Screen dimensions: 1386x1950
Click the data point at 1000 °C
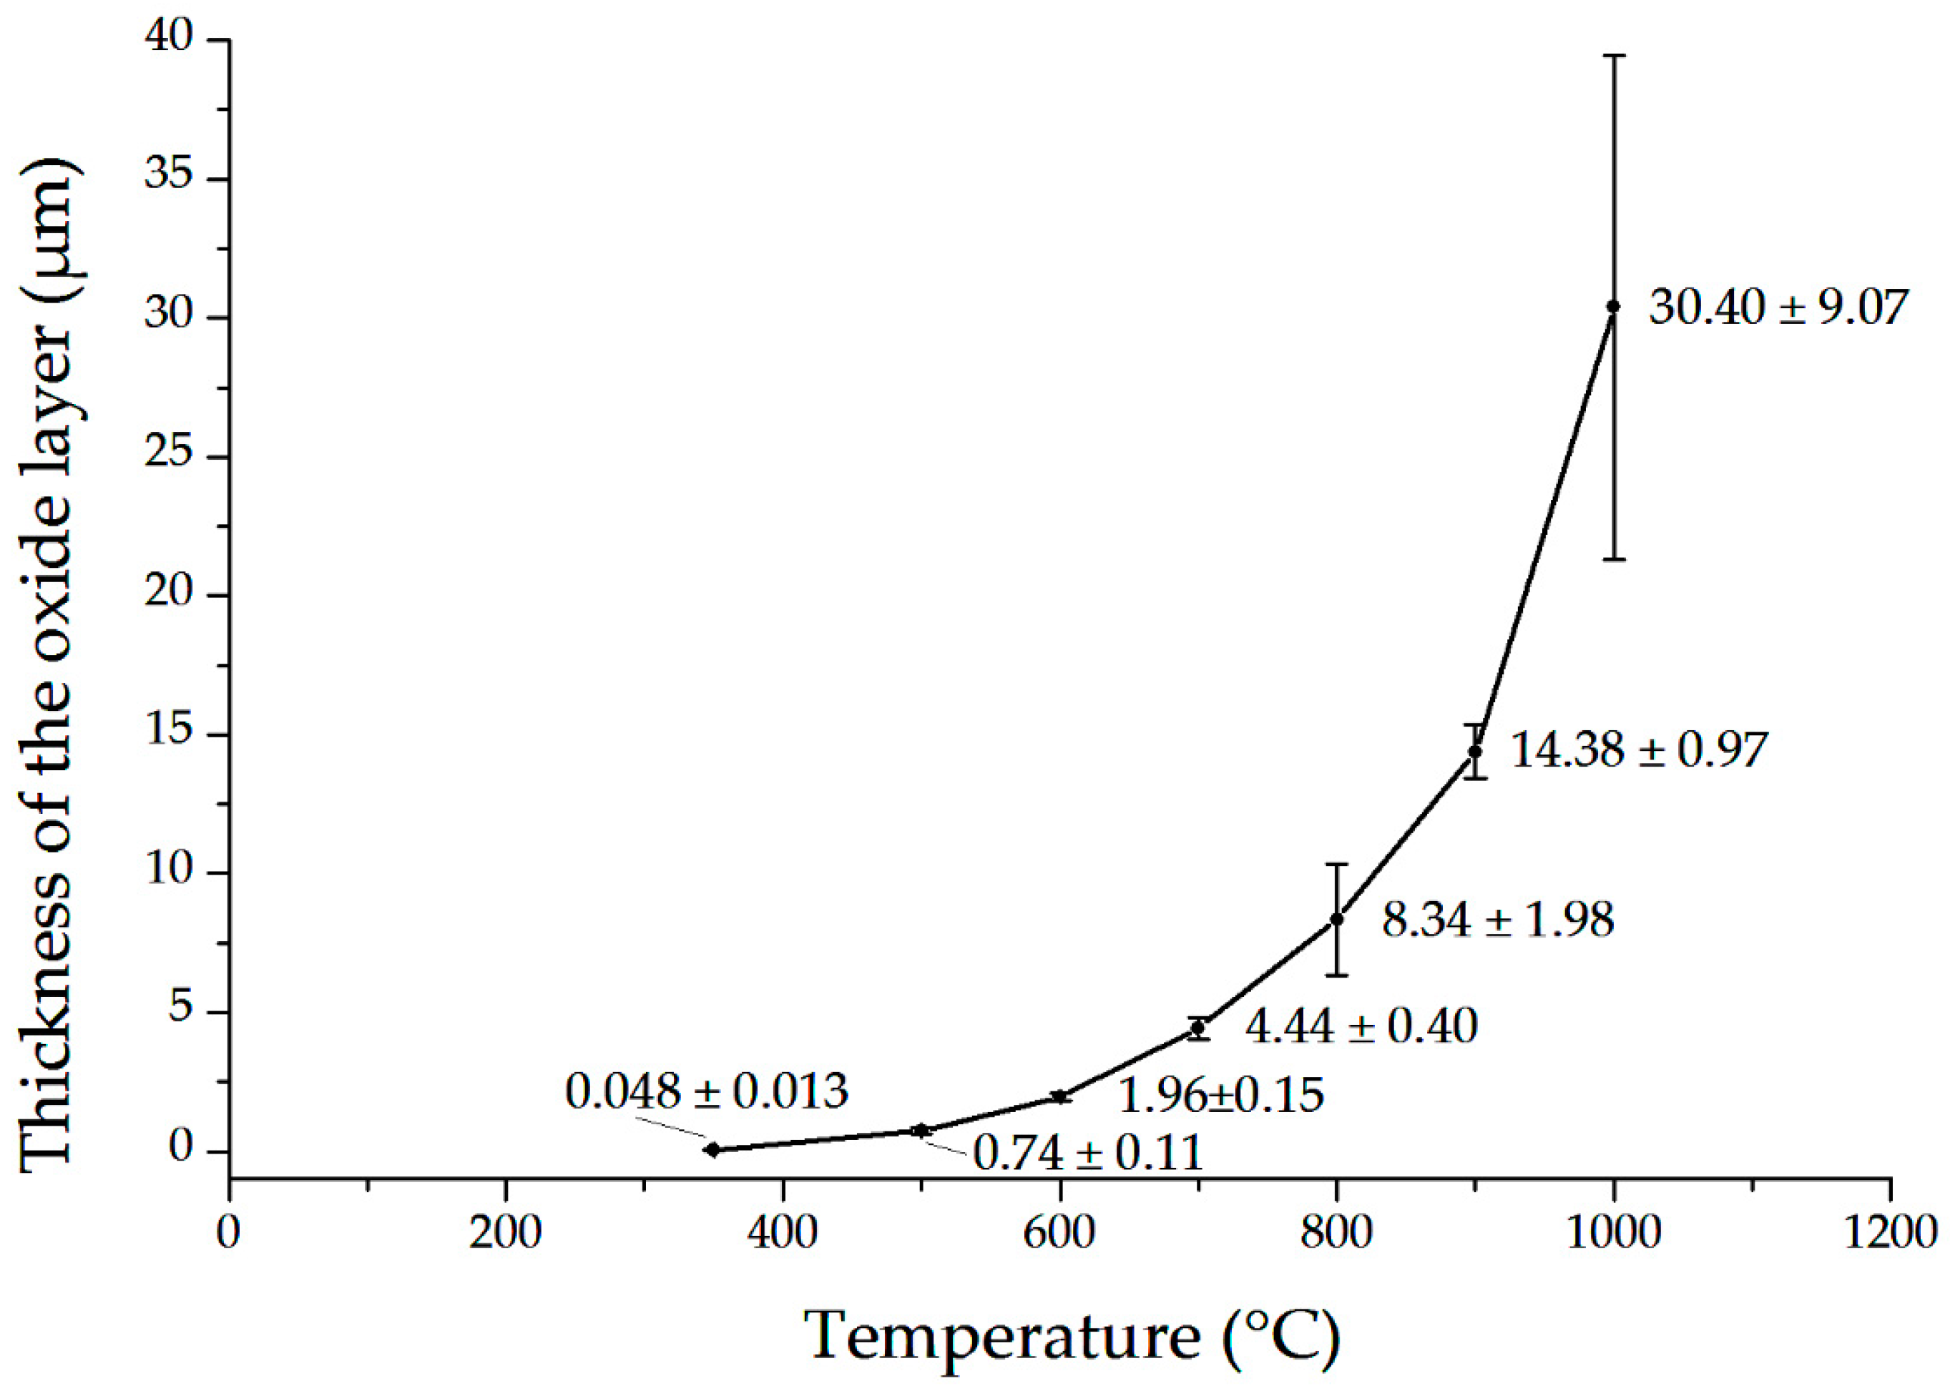(1613, 305)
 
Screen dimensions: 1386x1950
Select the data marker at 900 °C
(1475, 751)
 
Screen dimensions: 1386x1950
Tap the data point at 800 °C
(1336, 919)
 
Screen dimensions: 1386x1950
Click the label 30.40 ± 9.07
(1777, 308)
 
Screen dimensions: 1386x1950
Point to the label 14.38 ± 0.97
(1637, 750)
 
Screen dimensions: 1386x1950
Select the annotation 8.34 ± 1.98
(1498, 920)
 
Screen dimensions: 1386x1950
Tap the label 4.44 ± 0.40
(1361, 1026)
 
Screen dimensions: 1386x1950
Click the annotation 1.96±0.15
(1220, 1095)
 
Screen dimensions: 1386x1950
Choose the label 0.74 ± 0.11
(1088, 1153)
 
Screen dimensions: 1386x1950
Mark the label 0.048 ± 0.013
(707, 1091)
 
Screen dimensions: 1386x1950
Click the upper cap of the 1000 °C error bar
(1613, 56)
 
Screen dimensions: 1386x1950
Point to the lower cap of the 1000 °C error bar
(1613, 559)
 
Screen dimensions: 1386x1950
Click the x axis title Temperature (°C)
(1072, 1336)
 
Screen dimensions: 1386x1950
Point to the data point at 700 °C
(1198, 1028)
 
